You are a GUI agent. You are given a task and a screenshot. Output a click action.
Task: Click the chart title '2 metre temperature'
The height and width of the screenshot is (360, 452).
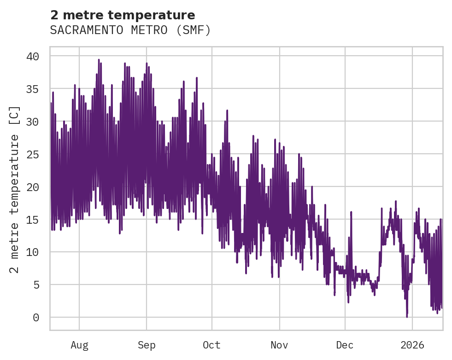123,15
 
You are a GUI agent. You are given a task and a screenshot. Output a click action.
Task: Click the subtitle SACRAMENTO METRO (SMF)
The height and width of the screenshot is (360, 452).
130,30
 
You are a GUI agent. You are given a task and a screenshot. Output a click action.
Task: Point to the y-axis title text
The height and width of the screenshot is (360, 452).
15,189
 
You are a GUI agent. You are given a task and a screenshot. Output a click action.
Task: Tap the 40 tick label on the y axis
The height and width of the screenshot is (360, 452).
39,56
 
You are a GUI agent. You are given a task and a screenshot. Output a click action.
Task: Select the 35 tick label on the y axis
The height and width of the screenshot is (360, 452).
39,89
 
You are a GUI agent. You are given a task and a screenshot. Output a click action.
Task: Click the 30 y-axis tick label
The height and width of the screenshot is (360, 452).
39,122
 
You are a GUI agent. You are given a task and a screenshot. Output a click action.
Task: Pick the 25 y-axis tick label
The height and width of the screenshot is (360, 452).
39,154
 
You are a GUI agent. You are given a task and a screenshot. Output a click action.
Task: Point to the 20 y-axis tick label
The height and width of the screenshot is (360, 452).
39,187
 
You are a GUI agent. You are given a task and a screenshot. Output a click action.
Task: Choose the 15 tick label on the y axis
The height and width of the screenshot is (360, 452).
39,220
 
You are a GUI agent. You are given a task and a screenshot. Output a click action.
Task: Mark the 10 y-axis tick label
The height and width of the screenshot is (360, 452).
39,252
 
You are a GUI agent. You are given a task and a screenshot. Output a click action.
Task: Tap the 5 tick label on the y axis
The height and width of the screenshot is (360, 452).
42,285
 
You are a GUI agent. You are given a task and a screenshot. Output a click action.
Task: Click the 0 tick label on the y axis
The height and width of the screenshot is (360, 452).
42,318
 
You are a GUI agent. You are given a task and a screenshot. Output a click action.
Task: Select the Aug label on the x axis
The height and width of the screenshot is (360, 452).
79,345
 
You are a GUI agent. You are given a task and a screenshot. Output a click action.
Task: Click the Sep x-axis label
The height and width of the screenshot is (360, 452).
147,345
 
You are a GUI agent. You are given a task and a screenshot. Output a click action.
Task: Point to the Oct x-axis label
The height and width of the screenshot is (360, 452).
212,345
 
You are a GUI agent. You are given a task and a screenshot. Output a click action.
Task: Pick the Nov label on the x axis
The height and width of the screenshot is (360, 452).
279,345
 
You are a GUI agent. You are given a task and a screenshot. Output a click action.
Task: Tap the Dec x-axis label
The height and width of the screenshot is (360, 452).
345,345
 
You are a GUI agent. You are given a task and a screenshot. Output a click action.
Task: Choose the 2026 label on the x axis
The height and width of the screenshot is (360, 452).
412,345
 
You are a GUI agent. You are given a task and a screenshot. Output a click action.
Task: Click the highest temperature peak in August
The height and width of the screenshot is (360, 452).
99,59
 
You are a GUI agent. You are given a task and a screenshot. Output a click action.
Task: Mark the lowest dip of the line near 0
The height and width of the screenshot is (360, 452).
407,317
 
